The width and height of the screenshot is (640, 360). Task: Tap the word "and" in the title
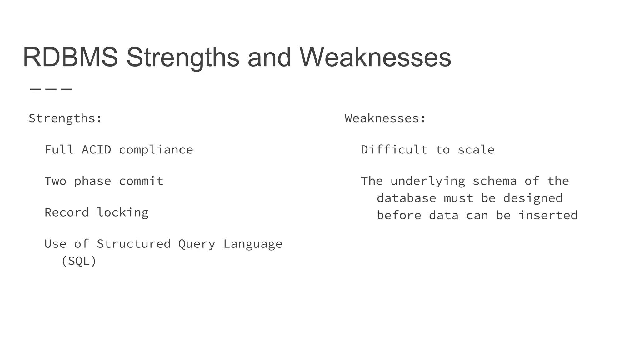(x=269, y=57)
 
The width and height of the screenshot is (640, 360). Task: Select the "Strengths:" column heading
(x=65, y=118)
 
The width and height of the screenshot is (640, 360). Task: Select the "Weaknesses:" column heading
(x=385, y=118)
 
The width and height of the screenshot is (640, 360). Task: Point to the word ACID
(x=96, y=150)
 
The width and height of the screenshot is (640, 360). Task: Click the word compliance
(x=156, y=150)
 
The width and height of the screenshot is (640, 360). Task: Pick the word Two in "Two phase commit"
(x=55, y=181)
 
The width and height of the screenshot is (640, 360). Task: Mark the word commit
(x=141, y=181)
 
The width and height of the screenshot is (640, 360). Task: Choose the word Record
(x=67, y=212)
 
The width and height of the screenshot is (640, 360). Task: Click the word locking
(x=122, y=213)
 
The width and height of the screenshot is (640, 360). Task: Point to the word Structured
(x=133, y=244)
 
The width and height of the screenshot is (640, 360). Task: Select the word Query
(x=197, y=244)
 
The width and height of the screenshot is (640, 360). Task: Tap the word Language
(x=252, y=244)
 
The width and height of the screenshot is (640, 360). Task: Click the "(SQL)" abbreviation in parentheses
(x=79, y=261)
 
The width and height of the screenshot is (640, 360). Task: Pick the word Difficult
(x=394, y=150)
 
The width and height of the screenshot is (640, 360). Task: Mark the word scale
(x=476, y=150)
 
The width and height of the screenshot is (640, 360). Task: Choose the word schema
(x=494, y=181)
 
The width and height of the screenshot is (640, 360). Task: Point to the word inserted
(x=548, y=215)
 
